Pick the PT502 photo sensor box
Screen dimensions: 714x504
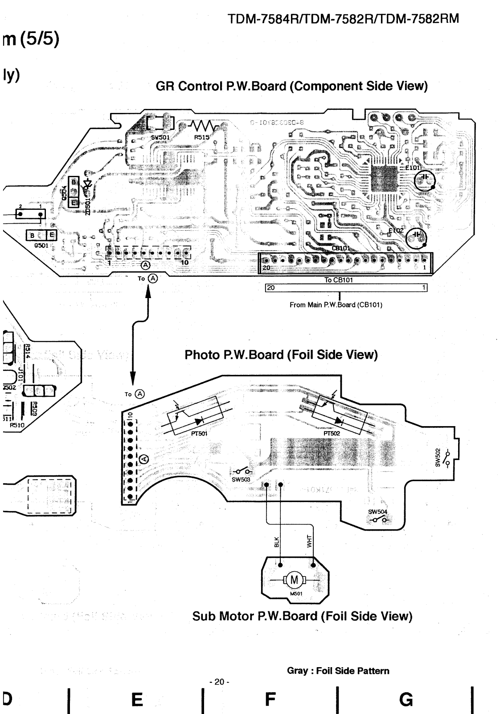click(x=339, y=413)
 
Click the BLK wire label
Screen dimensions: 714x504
click(x=277, y=542)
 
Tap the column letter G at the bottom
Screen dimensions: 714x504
click(x=406, y=699)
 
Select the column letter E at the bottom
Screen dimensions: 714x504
click(x=137, y=699)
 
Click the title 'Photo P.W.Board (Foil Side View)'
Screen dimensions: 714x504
click(x=281, y=355)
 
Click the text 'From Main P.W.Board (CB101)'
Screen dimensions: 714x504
click(x=336, y=305)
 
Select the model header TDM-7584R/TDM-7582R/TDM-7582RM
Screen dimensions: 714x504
click(x=343, y=19)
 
